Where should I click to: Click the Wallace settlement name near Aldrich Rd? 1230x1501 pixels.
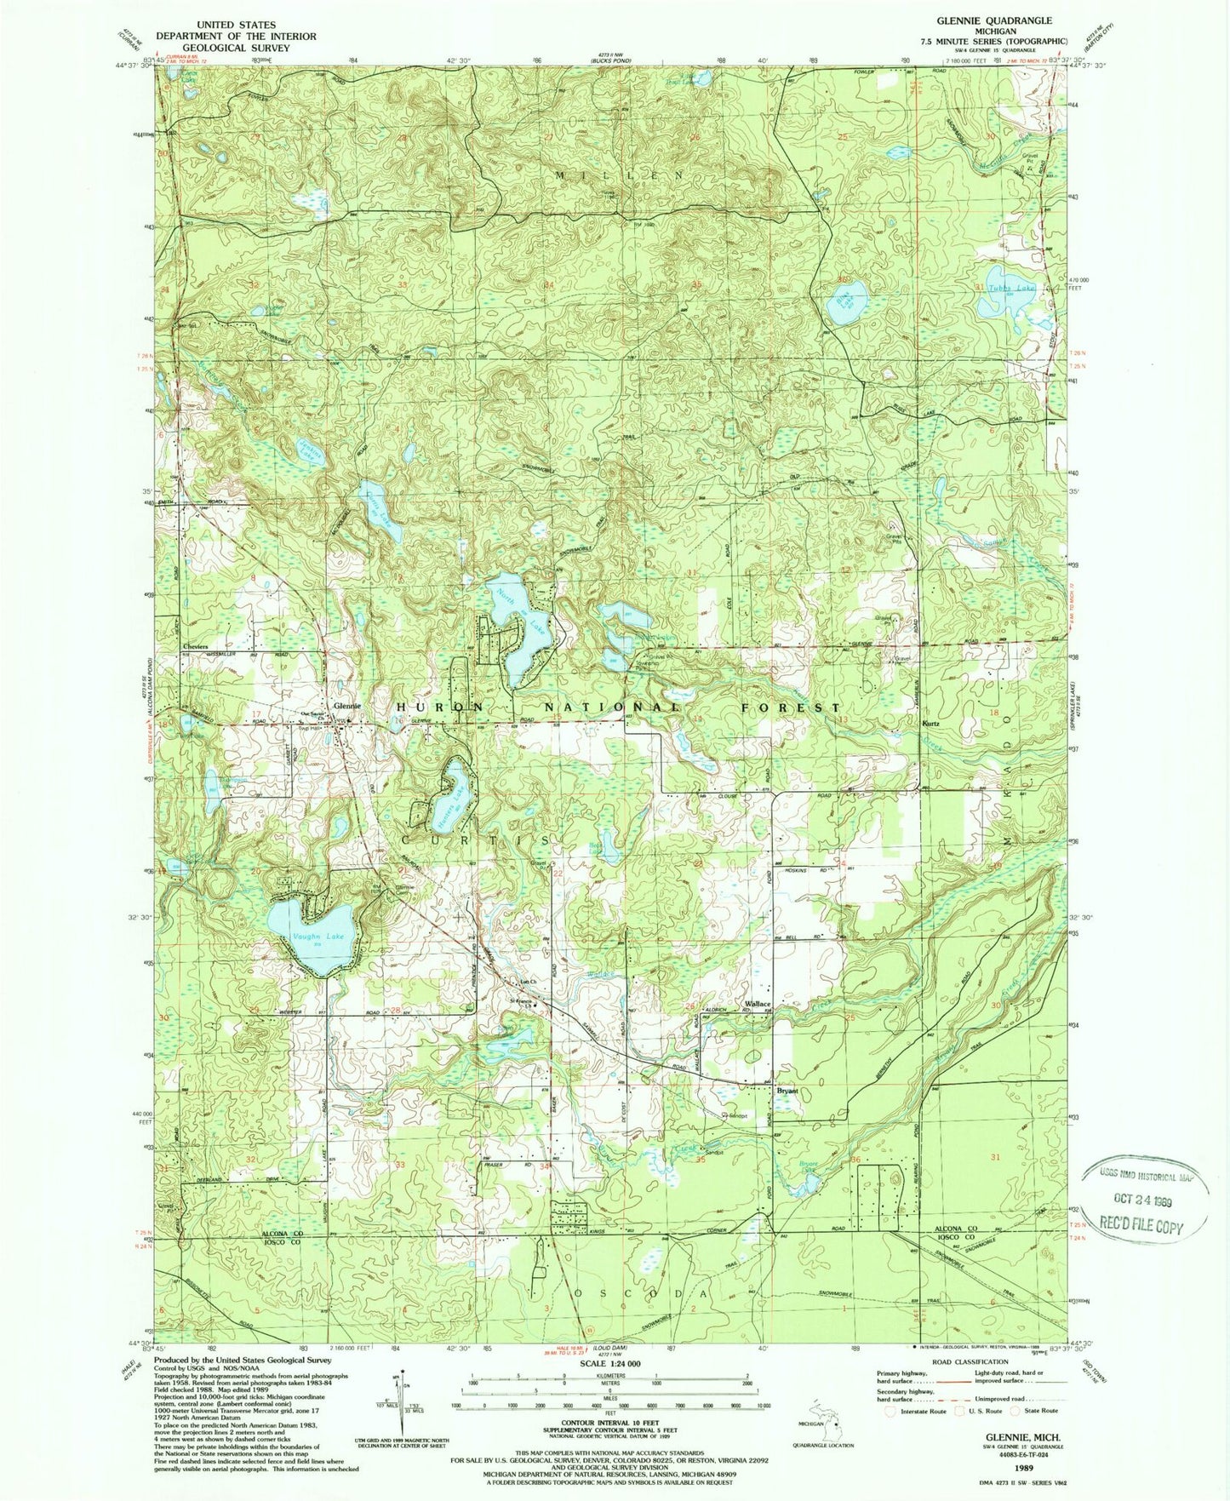(758, 1005)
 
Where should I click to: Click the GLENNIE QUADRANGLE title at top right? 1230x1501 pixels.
(1006, 20)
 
